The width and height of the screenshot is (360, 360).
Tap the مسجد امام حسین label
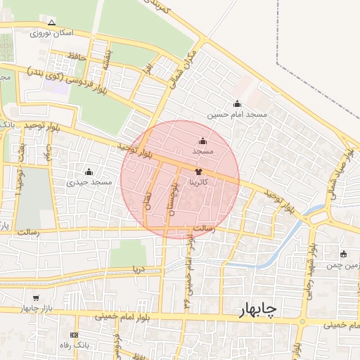pos(238,114)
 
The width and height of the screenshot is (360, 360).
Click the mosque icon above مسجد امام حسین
pos(237,103)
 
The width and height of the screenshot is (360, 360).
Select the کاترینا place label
pos(198,181)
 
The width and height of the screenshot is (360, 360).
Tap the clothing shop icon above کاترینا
pos(198,171)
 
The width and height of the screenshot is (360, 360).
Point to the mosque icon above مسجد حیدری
pos(89,172)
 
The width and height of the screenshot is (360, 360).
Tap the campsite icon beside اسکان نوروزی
pos(32,32)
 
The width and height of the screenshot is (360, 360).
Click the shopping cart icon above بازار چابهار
pos(36,298)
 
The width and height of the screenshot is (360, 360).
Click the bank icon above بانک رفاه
pos(75,335)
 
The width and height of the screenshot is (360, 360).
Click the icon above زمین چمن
pos(343,254)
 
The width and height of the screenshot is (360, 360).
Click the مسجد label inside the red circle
pos(203,151)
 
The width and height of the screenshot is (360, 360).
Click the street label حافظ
pos(76,56)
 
